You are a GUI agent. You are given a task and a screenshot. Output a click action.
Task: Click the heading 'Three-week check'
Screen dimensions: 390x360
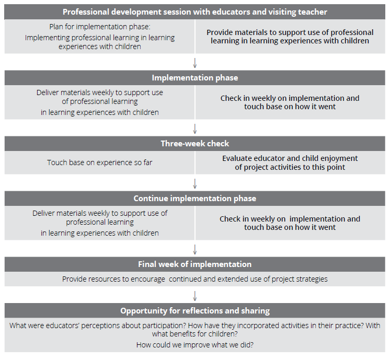coord(195,144)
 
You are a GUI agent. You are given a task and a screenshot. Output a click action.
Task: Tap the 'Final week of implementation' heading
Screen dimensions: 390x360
coord(195,264)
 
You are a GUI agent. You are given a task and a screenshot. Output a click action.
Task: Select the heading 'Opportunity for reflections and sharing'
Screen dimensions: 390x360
coord(195,311)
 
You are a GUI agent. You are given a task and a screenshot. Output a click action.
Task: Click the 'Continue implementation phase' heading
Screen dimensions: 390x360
coord(195,199)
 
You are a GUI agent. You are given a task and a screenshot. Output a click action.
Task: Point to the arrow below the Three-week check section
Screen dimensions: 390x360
coord(195,184)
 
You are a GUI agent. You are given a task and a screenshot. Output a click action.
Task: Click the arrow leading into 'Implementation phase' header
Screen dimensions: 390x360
coord(195,63)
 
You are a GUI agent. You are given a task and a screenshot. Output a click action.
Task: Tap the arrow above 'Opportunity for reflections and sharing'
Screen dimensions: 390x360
coord(195,296)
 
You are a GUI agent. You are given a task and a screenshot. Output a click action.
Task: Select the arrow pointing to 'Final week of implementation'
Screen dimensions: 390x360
coord(195,250)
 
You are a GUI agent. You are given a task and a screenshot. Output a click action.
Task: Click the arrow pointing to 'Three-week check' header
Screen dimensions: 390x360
coord(195,129)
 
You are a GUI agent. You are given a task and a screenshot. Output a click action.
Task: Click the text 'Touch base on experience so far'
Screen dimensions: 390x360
coord(99,162)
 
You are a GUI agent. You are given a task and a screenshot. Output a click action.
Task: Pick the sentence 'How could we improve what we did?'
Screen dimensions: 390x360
coord(195,345)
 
